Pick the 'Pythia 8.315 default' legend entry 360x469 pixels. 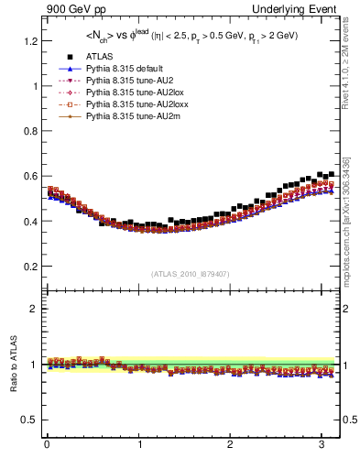(118, 69)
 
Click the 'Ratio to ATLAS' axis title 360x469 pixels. (13, 364)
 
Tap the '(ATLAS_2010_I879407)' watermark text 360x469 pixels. (191, 274)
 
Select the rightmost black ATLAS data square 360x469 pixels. (331, 173)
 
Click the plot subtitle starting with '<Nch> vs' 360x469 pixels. (191, 38)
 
